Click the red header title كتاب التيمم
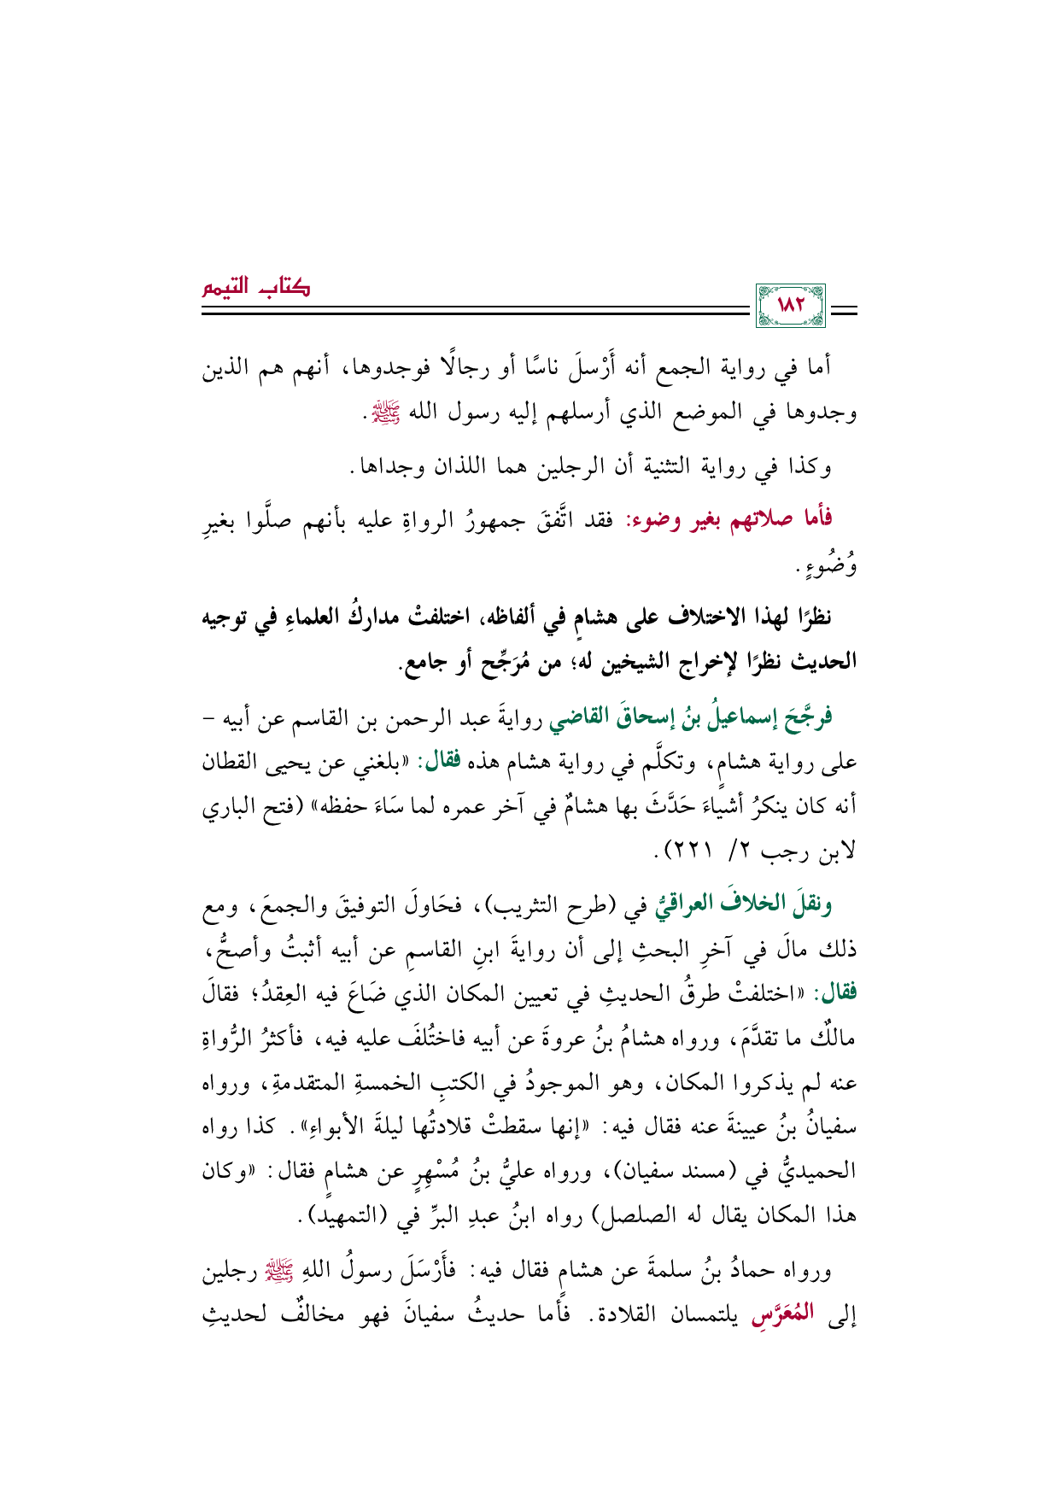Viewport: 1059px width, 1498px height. coord(256,287)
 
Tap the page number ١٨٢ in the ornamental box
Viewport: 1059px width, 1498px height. coord(791,305)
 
